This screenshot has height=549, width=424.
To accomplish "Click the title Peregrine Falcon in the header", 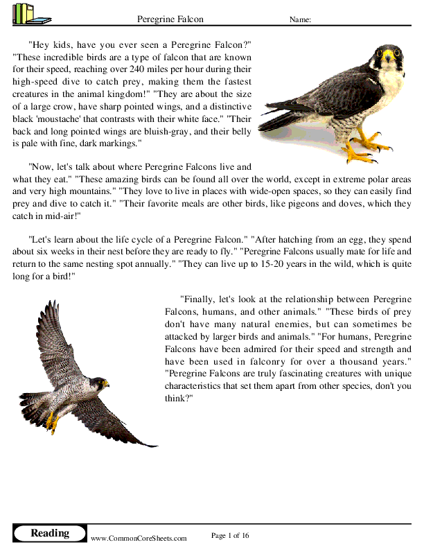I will tap(170, 20).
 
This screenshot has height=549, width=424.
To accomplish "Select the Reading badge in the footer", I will tap(50, 533).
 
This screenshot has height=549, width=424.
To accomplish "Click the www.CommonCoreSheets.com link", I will tap(139, 538).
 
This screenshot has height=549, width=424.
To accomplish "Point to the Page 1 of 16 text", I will tap(229, 535).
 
